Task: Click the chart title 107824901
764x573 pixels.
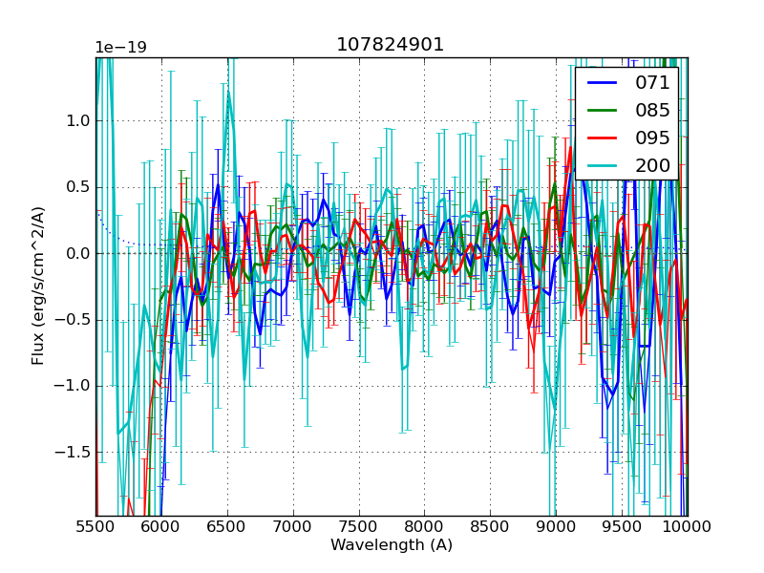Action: point(390,45)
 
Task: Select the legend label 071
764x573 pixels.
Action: point(652,82)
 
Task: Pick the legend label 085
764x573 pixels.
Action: point(652,110)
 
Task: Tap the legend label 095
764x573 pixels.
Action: point(652,138)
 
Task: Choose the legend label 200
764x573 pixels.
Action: point(652,165)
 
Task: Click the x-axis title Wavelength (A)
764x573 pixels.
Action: point(392,545)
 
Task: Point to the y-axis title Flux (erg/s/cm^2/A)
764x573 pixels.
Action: point(38,286)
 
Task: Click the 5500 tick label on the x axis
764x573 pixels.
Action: point(95,527)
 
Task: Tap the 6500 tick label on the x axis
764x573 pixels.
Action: point(227,527)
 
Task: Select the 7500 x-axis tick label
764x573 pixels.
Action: point(359,527)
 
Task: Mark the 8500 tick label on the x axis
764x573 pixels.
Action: point(491,527)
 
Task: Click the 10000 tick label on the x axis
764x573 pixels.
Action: point(688,527)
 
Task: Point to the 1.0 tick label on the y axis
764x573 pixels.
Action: point(77,120)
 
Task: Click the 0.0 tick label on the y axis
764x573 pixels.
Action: point(77,253)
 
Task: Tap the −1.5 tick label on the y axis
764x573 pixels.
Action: point(73,452)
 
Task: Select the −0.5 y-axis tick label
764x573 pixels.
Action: point(73,319)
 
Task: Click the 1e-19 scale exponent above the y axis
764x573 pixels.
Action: point(120,48)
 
